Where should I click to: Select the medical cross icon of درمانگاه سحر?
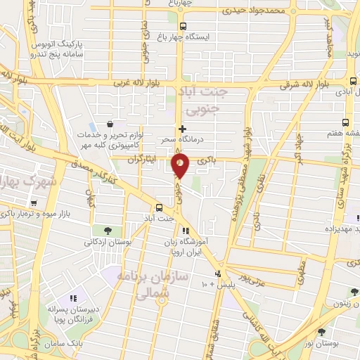[182, 129]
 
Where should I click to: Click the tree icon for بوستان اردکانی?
[107, 231]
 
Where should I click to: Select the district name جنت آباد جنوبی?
[202, 101]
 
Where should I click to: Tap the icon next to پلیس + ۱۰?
[219, 274]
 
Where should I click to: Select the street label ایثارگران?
[143, 160]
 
